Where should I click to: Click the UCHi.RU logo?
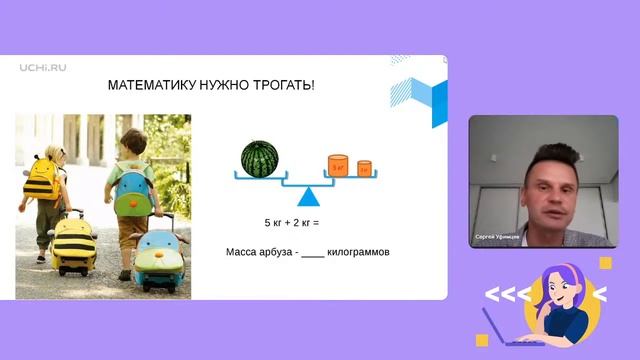pyautogui.click(x=41, y=68)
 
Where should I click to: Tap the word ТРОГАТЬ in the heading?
pyautogui.click(x=284, y=86)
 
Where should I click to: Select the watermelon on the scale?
pyautogui.click(x=259, y=158)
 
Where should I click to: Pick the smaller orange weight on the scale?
pyautogui.click(x=364, y=167)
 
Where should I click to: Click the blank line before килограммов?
pyautogui.click(x=312, y=253)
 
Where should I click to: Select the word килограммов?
pyautogui.click(x=358, y=252)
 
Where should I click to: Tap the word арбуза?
pyautogui.click(x=276, y=252)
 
